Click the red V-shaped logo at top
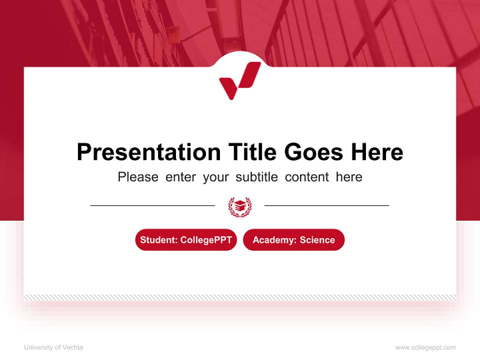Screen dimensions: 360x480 tap(239, 80)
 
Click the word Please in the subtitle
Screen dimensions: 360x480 tap(138, 177)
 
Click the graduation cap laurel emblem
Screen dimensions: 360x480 tap(239, 206)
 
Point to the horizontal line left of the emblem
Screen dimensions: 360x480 tap(152, 205)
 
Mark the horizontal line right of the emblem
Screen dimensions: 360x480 tap(326, 205)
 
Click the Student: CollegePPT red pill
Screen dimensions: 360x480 tap(186, 240)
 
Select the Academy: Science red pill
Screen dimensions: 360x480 tap(293, 240)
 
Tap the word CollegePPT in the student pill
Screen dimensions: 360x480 tap(206, 240)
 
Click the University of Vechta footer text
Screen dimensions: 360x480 tap(53, 347)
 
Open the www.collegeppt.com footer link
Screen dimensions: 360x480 tap(425, 347)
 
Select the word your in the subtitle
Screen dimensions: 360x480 tap(216, 177)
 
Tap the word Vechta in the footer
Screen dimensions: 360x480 tap(73, 347)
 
